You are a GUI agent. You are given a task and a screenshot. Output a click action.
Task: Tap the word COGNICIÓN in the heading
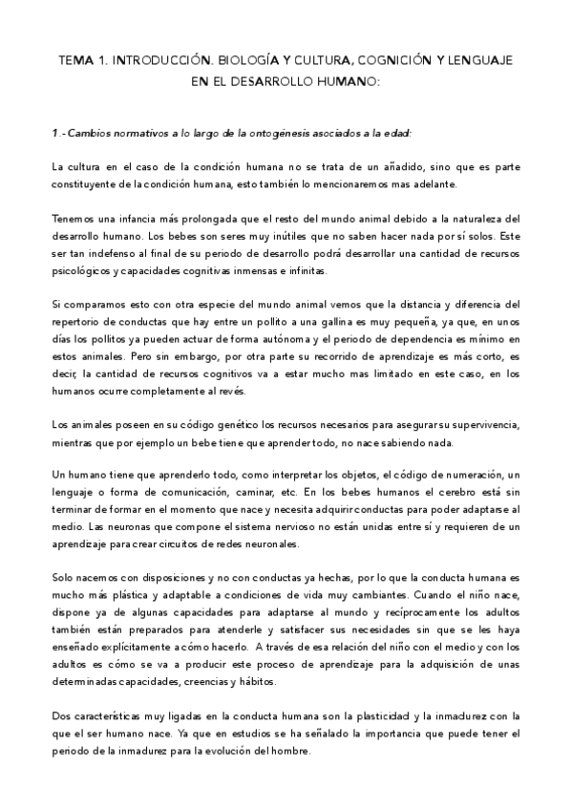(401, 59)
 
